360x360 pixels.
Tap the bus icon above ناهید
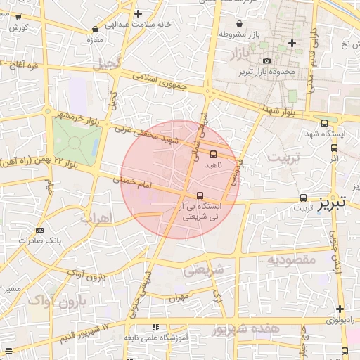tap(214, 153)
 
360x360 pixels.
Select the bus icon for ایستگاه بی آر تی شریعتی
tap(200, 195)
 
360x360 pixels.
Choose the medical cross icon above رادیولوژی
tap(340, 309)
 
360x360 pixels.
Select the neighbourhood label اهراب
tap(96, 219)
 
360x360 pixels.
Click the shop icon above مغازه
tap(95, 30)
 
